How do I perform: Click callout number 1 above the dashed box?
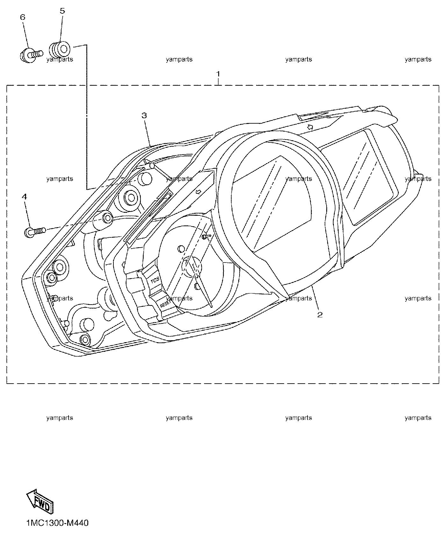tap(218, 74)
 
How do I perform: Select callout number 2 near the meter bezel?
tap(320, 315)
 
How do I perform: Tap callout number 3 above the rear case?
tap(144, 115)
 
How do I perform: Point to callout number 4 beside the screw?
tap(24, 197)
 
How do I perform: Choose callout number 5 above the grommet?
tap(62, 11)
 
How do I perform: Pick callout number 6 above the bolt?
tap(23, 17)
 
